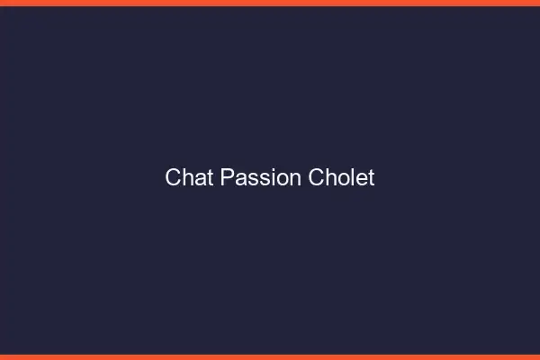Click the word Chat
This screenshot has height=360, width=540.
[189, 177]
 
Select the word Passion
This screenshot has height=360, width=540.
[260, 177]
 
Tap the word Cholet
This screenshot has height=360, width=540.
[341, 177]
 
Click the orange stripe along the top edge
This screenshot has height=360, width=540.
[270, 3]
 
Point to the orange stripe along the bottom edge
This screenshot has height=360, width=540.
[270, 356]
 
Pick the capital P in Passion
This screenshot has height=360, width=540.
[227, 177]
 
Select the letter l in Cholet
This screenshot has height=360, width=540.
[352, 177]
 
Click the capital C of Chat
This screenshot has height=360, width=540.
[173, 177]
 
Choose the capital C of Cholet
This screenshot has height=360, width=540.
[316, 177]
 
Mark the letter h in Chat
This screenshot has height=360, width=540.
[186, 177]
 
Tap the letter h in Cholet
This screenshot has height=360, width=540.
[329, 177]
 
